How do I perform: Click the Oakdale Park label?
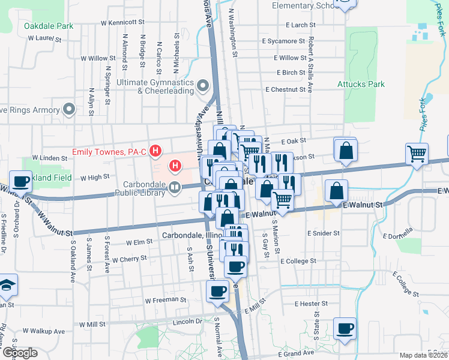coord(49,26)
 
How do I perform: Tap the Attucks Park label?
coord(361,84)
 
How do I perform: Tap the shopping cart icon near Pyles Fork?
coord(417,154)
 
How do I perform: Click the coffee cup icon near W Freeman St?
coord(217,292)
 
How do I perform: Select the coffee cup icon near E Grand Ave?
coord(345,328)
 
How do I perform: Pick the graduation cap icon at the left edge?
coord(8,284)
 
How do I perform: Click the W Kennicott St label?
coord(123,22)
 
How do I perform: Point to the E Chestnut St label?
coord(286,89)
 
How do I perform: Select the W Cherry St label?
coord(126,259)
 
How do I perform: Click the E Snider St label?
coord(323,233)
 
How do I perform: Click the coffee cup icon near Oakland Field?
coord(20,180)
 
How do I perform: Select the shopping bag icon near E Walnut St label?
coord(336,191)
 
